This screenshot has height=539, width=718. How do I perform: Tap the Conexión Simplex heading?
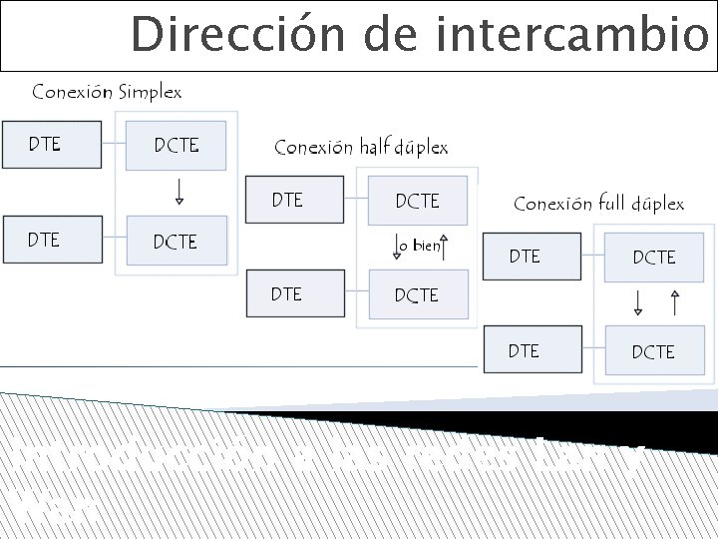click(107, 92)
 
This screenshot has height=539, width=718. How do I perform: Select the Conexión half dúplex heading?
click(361, 148)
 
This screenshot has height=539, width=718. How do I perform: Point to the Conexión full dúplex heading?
click(598, 204)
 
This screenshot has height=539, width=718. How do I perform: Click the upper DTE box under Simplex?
click(52, 145)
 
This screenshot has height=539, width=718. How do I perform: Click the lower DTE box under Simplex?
click(52, 240)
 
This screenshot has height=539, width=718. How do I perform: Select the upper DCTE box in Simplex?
click(177, 146)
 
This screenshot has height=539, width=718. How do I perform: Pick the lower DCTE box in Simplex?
click(177, 242)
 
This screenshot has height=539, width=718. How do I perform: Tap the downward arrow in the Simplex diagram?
click(179, 191)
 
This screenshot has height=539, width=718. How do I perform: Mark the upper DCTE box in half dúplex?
click(417, 201)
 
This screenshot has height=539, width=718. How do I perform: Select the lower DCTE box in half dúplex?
click(417, 295)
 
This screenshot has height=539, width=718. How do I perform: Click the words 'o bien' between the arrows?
click(419, 246)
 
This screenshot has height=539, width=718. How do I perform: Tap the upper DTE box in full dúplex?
click(532, 257)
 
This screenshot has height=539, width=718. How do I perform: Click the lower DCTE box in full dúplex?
click(653, 351)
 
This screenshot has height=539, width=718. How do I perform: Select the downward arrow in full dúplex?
click(638, 301)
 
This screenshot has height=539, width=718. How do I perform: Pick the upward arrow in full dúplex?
click(675, 301)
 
